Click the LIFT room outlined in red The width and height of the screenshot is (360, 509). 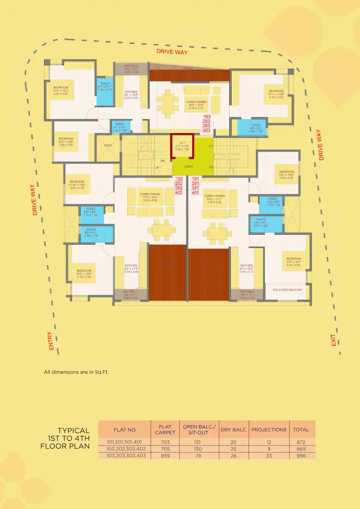pos(182,146)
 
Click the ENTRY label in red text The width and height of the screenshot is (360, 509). pos(50,341)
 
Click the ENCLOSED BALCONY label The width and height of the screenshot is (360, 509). pos(287,290)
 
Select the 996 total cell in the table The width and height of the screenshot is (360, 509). pos(301,456)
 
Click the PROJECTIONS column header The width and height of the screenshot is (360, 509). pos(269,430)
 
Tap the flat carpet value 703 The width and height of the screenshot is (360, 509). pos(165,442)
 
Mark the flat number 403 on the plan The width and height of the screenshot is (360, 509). pos(207,131)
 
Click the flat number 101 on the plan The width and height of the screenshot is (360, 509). pos(195,179)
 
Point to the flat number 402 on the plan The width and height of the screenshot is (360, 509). pos(179,193)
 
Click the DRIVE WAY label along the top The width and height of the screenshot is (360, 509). pos(172,52)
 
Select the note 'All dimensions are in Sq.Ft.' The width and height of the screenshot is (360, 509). pos(76,372)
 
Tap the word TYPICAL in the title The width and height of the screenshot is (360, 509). pos(73,431)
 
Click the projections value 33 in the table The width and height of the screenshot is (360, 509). pos(269,456)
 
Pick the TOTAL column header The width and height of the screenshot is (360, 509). pos(301,430)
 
